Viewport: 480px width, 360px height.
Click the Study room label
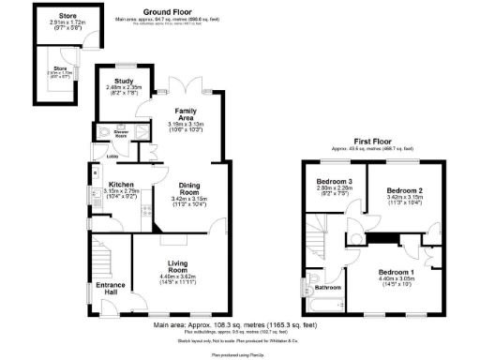(123, 81)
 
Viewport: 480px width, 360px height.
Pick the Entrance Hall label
(109, 289)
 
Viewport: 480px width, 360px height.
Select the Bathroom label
(327, 287)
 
